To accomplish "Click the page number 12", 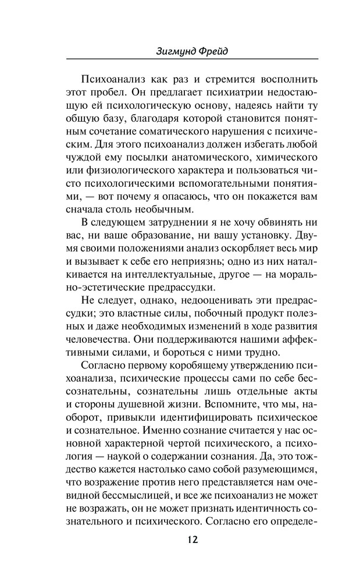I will [x=193, y=539].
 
